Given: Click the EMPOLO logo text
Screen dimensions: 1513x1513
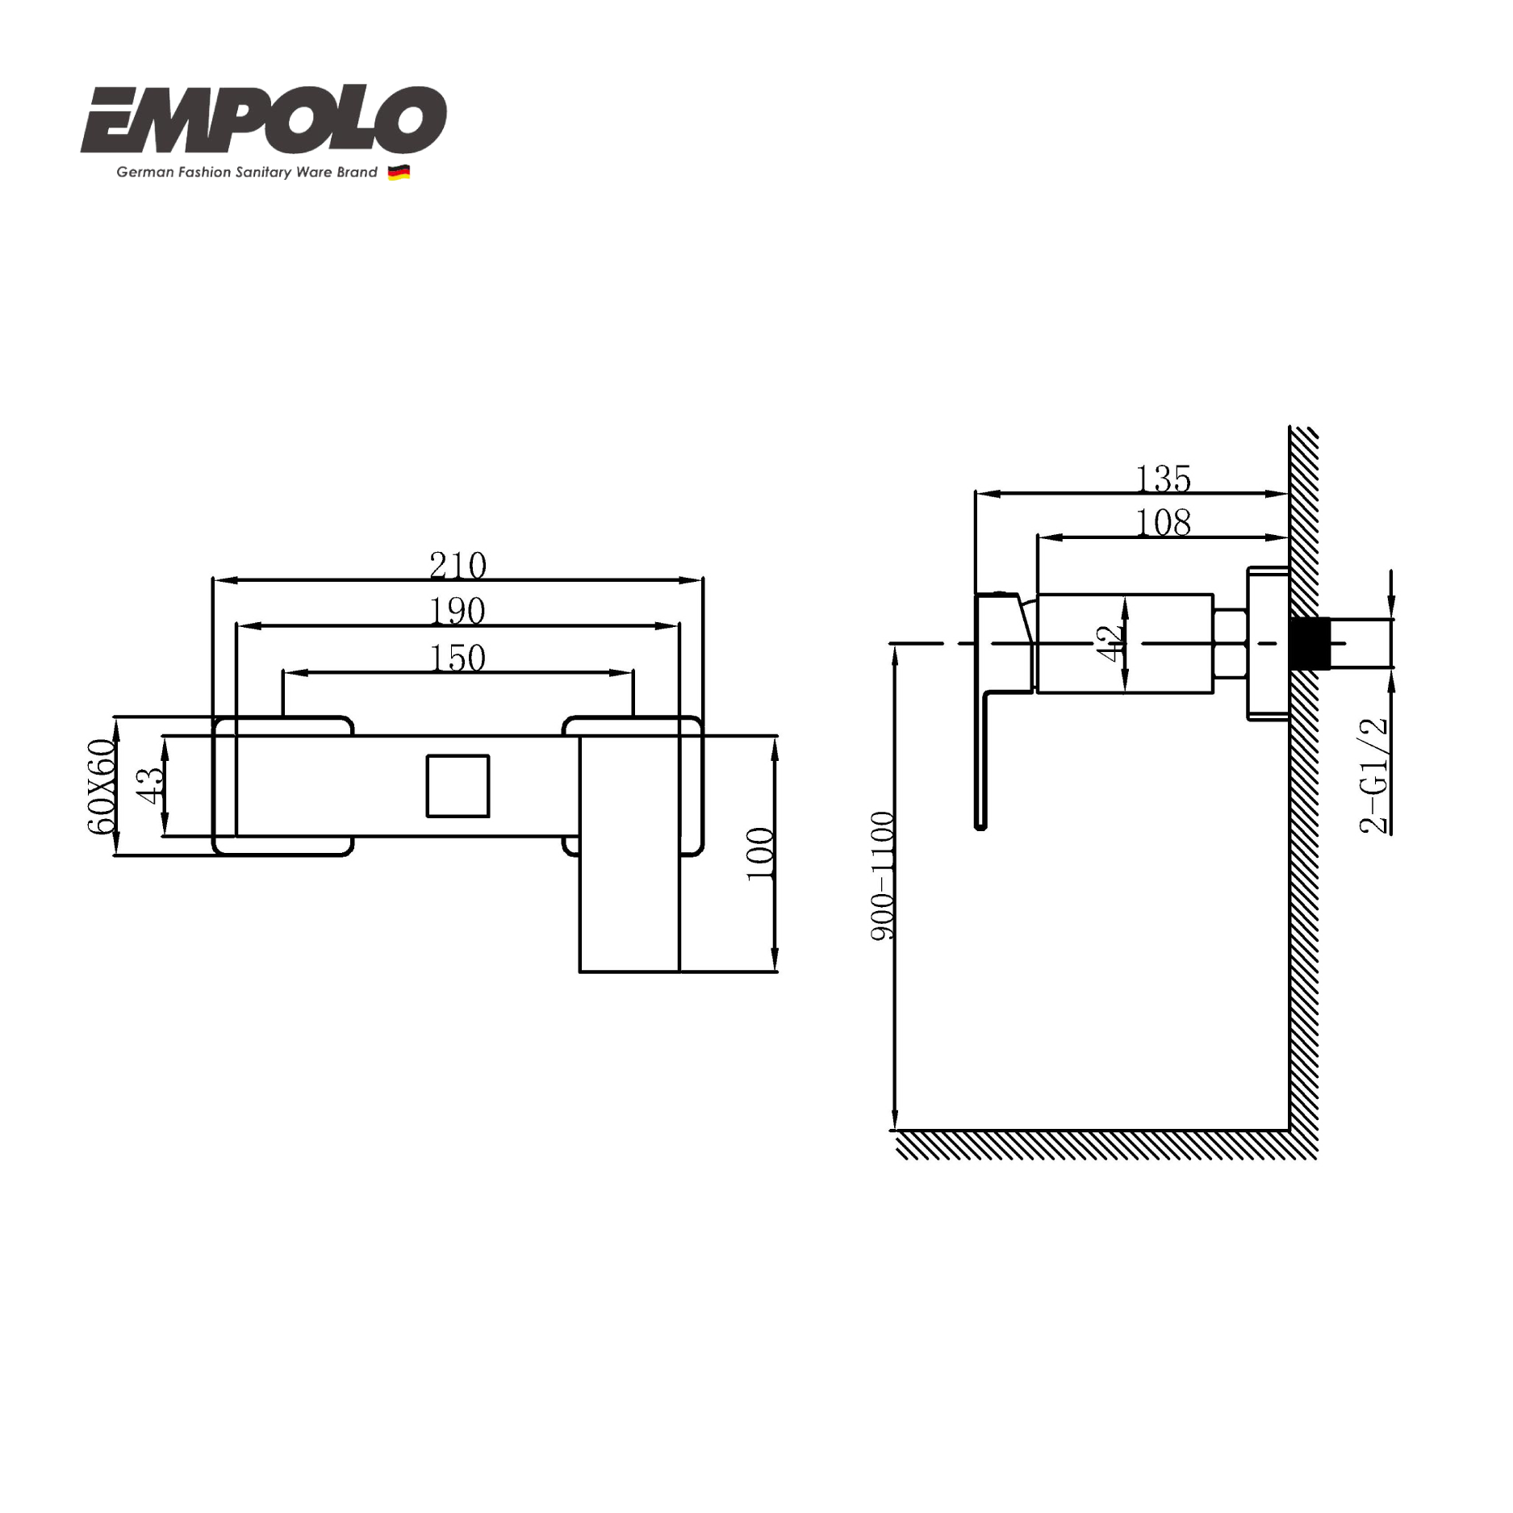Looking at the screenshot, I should (x=263, y=121).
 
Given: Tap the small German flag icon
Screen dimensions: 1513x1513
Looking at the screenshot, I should (x=399, y=172).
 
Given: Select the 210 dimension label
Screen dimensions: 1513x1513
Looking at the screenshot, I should (x=458, y=566).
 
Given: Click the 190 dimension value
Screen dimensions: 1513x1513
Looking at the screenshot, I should (x=457, y=612).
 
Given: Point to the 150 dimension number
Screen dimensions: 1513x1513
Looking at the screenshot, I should (x=457, y=658).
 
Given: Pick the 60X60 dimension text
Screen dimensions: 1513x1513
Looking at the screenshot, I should (x=102, y=786).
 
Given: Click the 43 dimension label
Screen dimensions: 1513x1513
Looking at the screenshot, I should (x=150, y=786).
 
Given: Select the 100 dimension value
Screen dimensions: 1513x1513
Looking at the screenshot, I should (x=759, y=855).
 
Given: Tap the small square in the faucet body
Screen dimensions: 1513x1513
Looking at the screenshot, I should (x=458, y=786).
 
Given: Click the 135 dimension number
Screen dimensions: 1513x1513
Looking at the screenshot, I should (x=1163, y=479).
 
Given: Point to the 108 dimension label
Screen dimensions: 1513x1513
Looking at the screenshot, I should (x=1163, y=523).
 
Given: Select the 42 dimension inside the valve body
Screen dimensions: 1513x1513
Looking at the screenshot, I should (x=1111, y=643).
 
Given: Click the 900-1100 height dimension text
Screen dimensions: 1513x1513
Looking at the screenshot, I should (x=883, y=876).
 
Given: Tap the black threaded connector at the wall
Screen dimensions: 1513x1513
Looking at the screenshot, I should (x=1310, y=643).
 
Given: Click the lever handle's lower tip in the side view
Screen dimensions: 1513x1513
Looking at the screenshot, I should (x=980, y=824).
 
